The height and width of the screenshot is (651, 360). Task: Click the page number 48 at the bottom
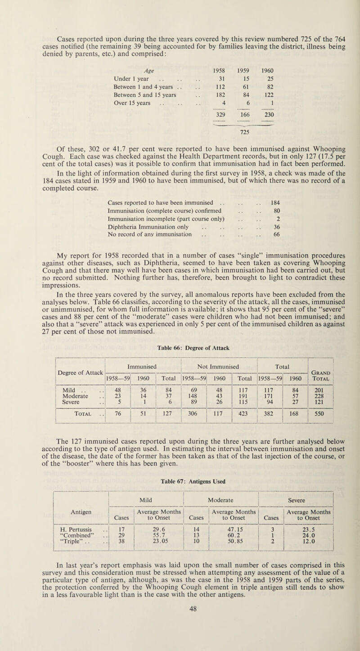[x=180, y=633]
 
